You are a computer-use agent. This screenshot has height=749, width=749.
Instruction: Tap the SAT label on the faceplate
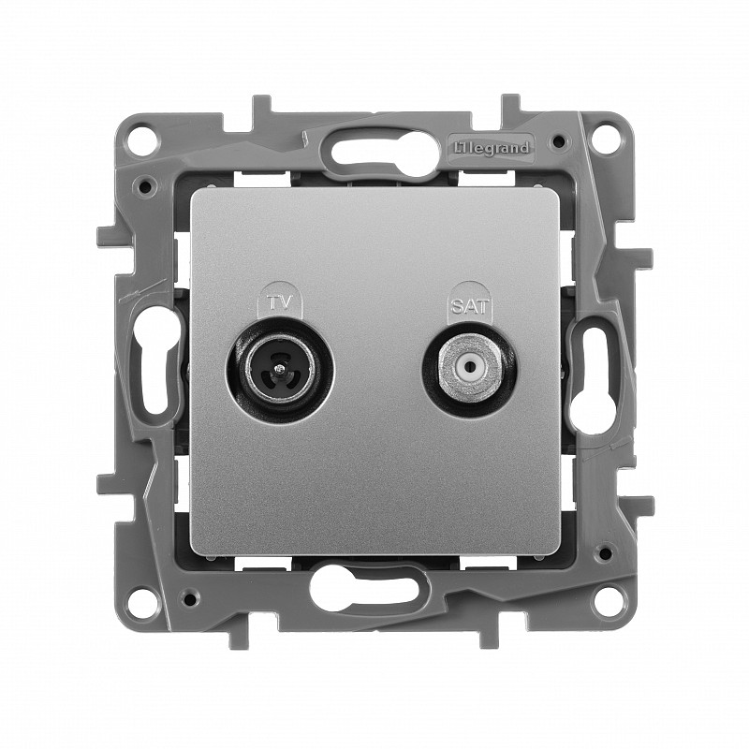(468, 306)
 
